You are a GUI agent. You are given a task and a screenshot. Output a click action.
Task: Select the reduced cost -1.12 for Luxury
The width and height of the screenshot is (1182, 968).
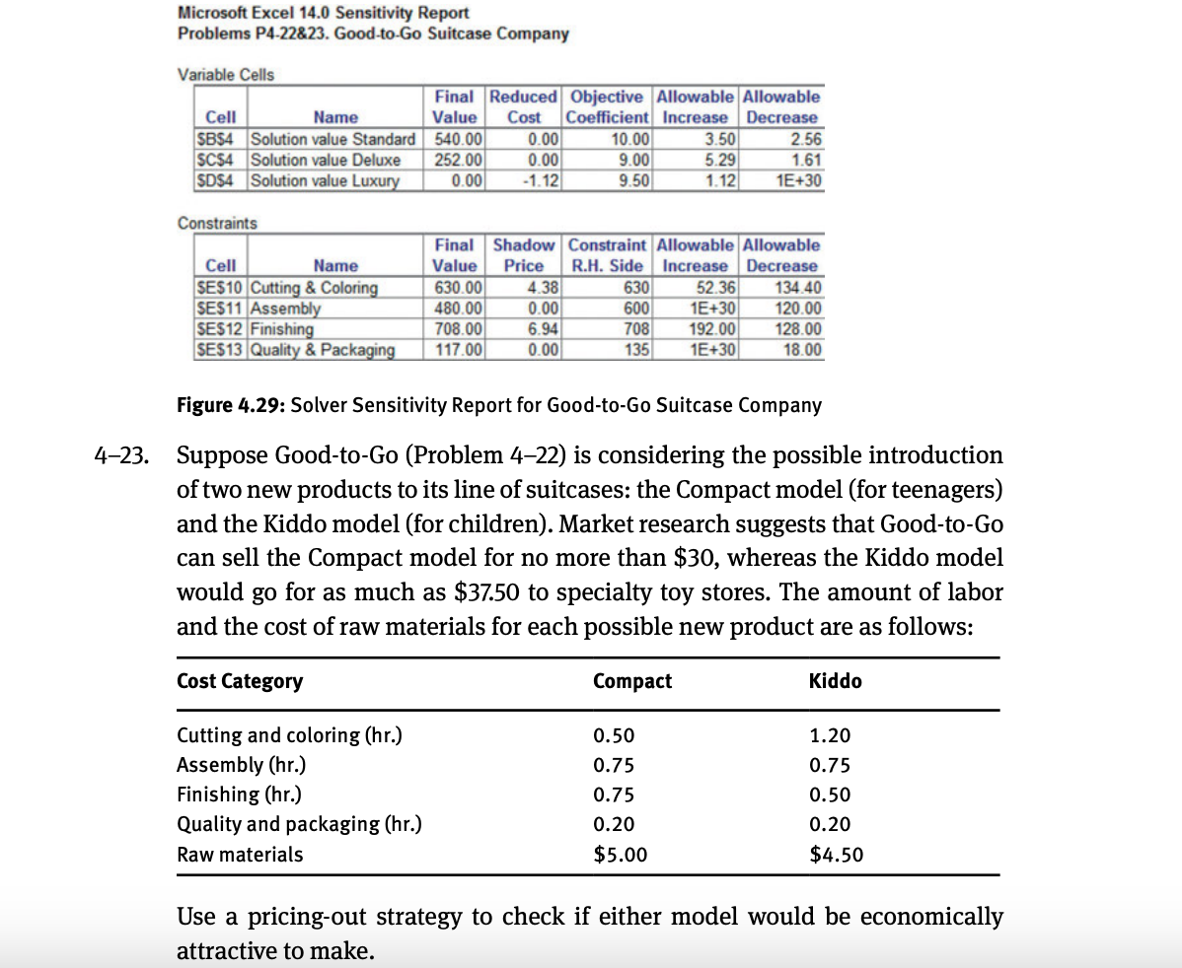(540, 180)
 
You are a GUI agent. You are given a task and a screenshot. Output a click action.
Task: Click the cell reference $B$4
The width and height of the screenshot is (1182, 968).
(216, 139)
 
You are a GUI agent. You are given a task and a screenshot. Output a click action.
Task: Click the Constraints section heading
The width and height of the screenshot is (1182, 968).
(217, 223)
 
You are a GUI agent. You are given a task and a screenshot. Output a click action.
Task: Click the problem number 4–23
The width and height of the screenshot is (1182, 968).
(123, 456)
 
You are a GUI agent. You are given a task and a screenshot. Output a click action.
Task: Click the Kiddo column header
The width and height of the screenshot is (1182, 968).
(835, 681)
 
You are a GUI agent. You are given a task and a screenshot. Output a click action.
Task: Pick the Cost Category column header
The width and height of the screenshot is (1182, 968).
(239, 681)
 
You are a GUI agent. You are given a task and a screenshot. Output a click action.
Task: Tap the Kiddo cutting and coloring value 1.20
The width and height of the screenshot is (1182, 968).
(829, 735)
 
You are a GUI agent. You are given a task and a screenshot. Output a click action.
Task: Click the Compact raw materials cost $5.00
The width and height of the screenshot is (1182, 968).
(620, 855)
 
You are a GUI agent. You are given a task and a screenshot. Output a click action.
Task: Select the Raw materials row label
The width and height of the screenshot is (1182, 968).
(239, 855)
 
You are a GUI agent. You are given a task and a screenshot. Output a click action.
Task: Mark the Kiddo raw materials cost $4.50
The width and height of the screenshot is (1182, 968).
(836, 855)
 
